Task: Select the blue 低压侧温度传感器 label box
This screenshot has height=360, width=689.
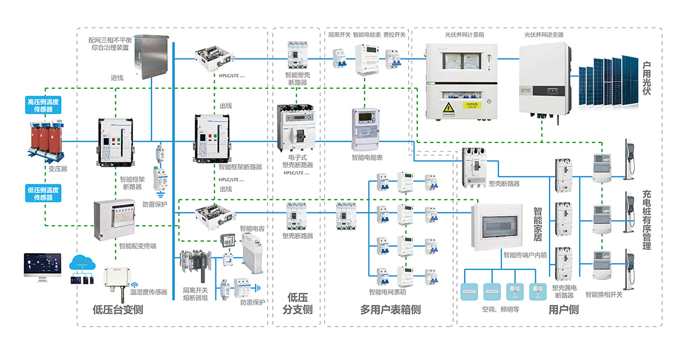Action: pos(44,193)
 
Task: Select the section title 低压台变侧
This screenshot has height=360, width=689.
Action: pos(118,310)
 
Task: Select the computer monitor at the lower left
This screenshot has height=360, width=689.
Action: pos(42,266)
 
